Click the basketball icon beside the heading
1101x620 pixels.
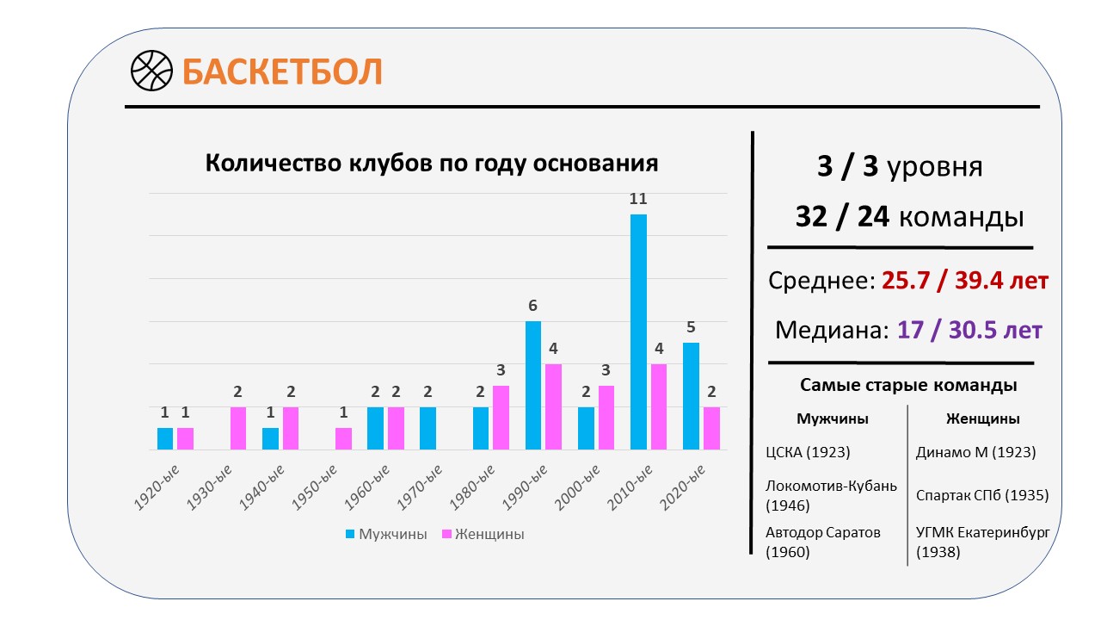coord(152,71)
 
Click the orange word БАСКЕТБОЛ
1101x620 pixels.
coord(282,71)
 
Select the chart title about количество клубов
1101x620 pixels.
coord(432,163)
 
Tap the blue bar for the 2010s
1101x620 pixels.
coord(638,332)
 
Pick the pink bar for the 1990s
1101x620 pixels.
coord(553,407)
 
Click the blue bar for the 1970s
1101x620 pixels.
coord(428,428)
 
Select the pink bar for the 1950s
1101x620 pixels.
coord(343,439)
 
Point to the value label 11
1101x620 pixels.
coord(638,199)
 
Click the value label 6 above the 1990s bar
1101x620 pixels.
coord(532,306)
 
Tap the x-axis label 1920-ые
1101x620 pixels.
coord(157,487)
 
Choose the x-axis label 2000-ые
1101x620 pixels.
coord(577,487)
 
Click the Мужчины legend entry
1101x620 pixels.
coord(386,534)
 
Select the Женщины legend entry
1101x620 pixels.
coord(483,534)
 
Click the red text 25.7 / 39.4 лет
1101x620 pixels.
coord(965,281)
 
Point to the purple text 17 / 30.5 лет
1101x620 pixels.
coord(969,330)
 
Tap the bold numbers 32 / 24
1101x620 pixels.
coord(842,216)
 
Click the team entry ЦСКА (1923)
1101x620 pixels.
coord(808,452)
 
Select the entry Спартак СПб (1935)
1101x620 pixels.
coord(982,495)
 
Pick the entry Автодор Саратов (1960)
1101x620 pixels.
coord(823,542)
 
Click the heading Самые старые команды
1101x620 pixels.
coord(908,385)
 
